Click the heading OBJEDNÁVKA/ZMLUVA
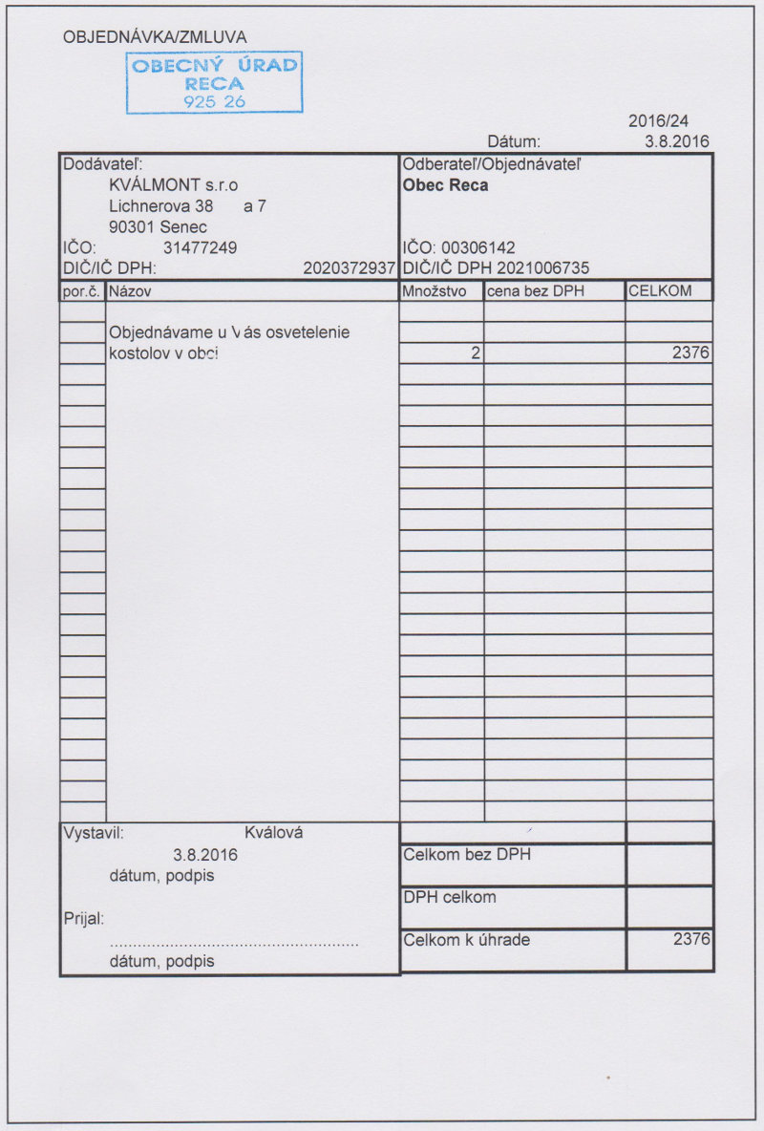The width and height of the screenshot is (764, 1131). coord(155,37)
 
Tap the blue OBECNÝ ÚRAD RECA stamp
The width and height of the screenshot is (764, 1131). coord(215,82)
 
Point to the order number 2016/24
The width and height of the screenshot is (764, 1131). coord(658,121)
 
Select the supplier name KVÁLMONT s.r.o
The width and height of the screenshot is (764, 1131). coord(174,184)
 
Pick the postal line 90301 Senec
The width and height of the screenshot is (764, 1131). coord(159,227)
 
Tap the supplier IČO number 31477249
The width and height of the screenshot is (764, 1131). coord(201,248)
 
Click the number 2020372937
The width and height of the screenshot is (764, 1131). coord(349,268)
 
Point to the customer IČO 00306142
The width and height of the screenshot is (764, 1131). coord(478,248)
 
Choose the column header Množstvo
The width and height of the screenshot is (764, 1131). coord(435,290)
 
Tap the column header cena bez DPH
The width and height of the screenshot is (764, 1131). coord(536,290)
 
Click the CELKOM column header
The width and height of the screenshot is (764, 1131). coord(660,290)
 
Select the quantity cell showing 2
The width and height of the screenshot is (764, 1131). coord(475,353)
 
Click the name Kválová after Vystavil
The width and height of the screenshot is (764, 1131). coord(273,833)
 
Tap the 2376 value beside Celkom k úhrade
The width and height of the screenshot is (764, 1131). coord(691,939)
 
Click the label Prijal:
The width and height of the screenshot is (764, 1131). coord(83,919)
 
